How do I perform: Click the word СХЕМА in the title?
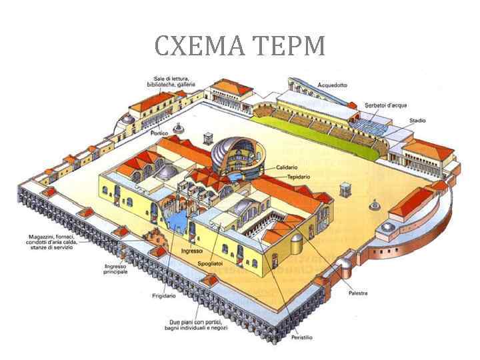point(199,45)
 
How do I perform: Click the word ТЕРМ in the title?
point(289,45)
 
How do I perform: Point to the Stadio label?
point(417,121)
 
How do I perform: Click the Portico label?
point(159,133)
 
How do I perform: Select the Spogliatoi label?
point(212,264)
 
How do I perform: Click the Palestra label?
point(357,293)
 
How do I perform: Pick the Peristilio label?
point(301,337)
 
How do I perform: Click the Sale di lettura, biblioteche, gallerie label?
point(167,82)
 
